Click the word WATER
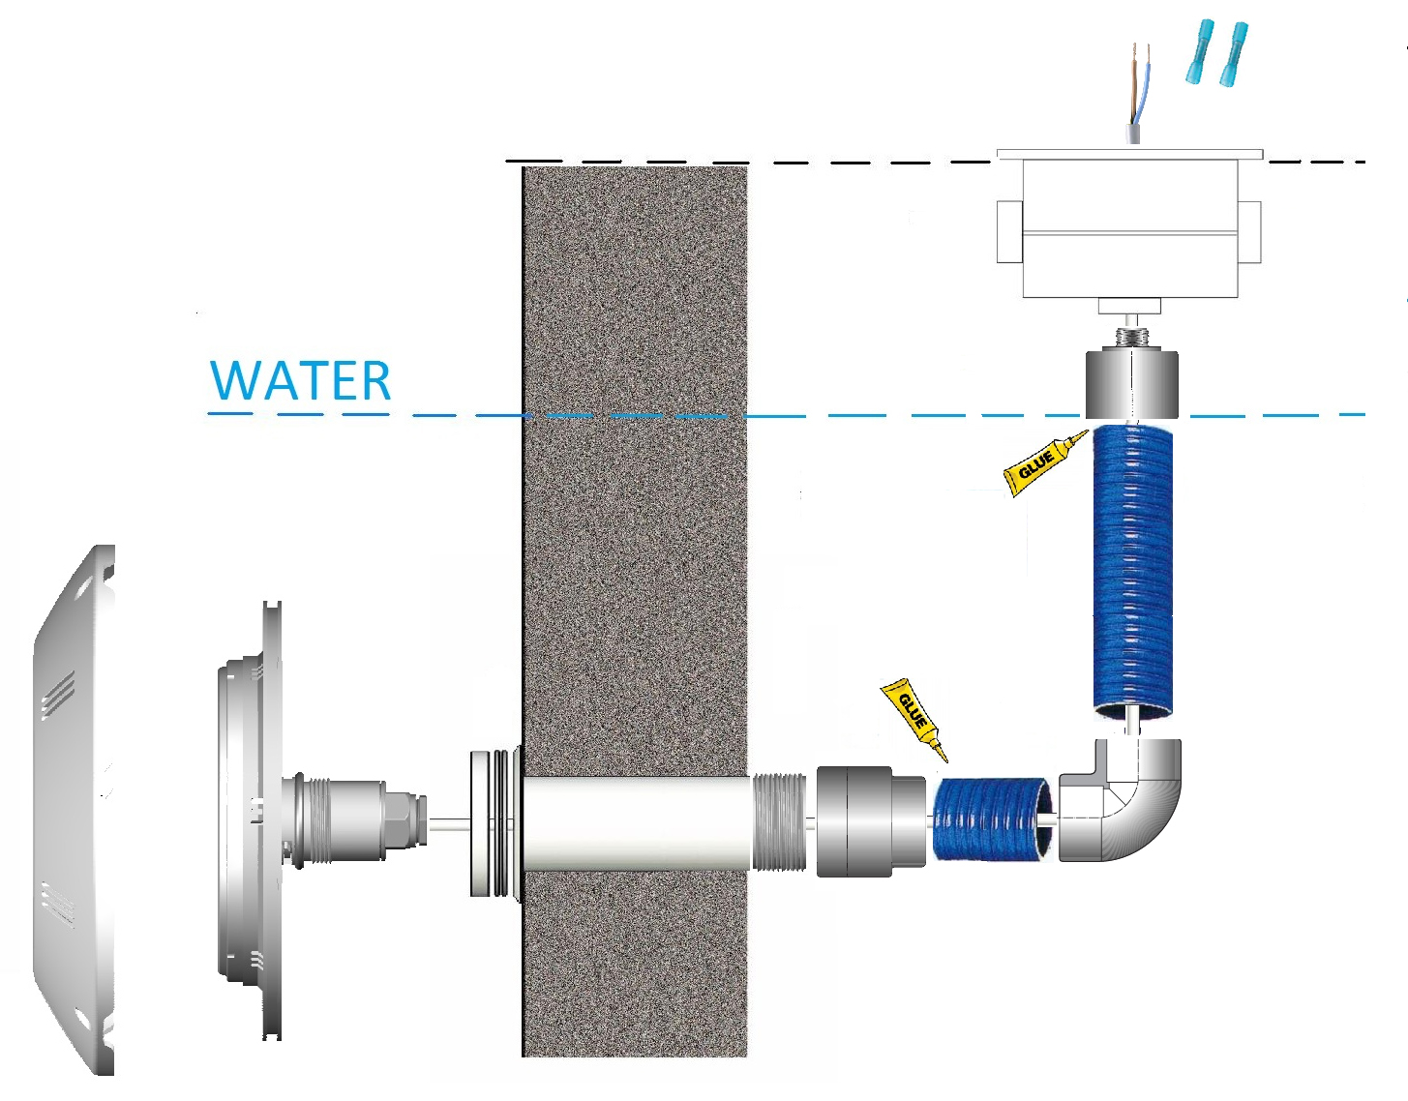tap(301, 380)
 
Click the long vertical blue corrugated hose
tap(1132, 571)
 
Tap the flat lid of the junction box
tap(1129, 153)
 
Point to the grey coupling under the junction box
tap(1129, 385)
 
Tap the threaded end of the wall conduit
tap(780, 822)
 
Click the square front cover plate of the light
tap(73, 813)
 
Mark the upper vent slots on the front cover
tap(58, 695)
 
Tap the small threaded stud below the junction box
tap(1129, 338)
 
